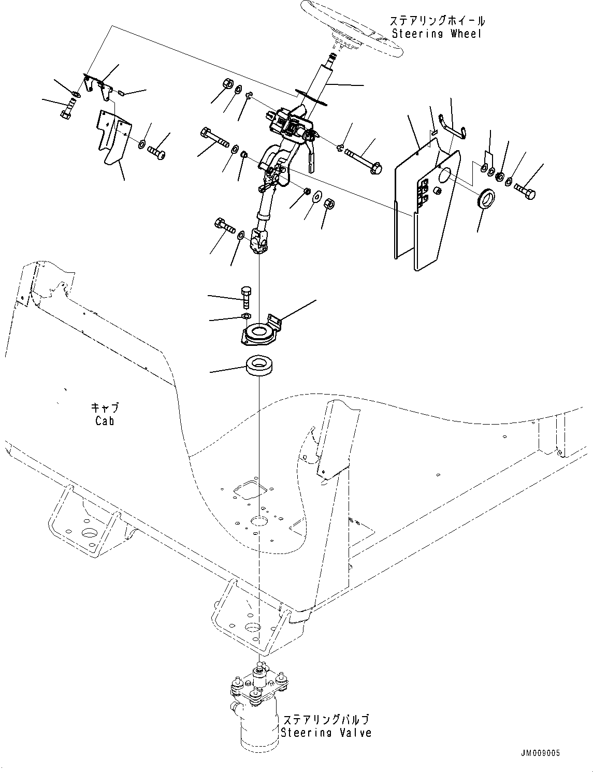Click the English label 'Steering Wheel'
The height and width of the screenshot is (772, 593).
pos(437,34)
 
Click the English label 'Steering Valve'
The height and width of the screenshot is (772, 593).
pos(326,733)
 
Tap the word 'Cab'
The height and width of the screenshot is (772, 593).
pos(105,421)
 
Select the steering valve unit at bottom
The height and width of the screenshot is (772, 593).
pos(257,704)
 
